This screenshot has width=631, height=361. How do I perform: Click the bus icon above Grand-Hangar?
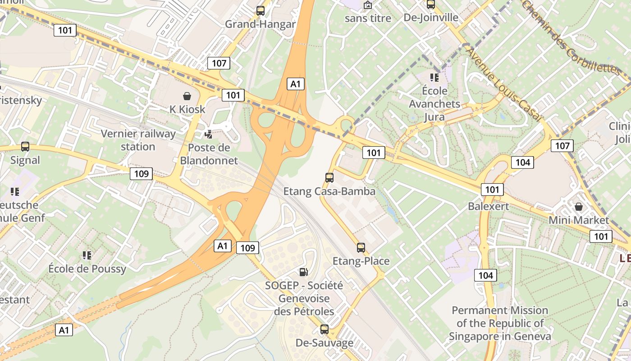coord(260,10)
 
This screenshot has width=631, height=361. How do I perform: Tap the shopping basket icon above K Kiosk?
coord(187,96)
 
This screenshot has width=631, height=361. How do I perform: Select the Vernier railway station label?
coord(138,140)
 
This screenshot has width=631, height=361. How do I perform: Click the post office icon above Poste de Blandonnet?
coord(209,134)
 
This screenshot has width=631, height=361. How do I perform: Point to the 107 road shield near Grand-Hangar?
coord(219,63)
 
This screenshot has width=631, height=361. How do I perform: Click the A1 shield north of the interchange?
coord(295,83)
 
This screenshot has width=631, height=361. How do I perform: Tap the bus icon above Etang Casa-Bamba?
coord(329,177)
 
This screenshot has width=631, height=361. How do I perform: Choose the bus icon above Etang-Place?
coord(361,247)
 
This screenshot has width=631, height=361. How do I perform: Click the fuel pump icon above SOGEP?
coord(304,272)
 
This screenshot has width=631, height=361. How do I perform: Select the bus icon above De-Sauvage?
coord(325,329)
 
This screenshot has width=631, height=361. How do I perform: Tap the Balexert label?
coord(489,207)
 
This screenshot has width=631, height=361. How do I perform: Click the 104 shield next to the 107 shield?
coord(522,162)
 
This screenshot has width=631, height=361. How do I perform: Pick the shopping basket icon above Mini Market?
coord(579,207)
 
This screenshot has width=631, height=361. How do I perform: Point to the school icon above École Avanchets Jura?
coord(434,77)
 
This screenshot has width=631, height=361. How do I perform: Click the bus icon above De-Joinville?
coord(431,5)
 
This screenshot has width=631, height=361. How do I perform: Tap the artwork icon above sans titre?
coord(368,5)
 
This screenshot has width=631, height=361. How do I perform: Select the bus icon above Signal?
coord(25,146)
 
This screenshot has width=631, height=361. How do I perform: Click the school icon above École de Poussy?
coord(87,255)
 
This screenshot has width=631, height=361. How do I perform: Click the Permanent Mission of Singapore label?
coord(500,323)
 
